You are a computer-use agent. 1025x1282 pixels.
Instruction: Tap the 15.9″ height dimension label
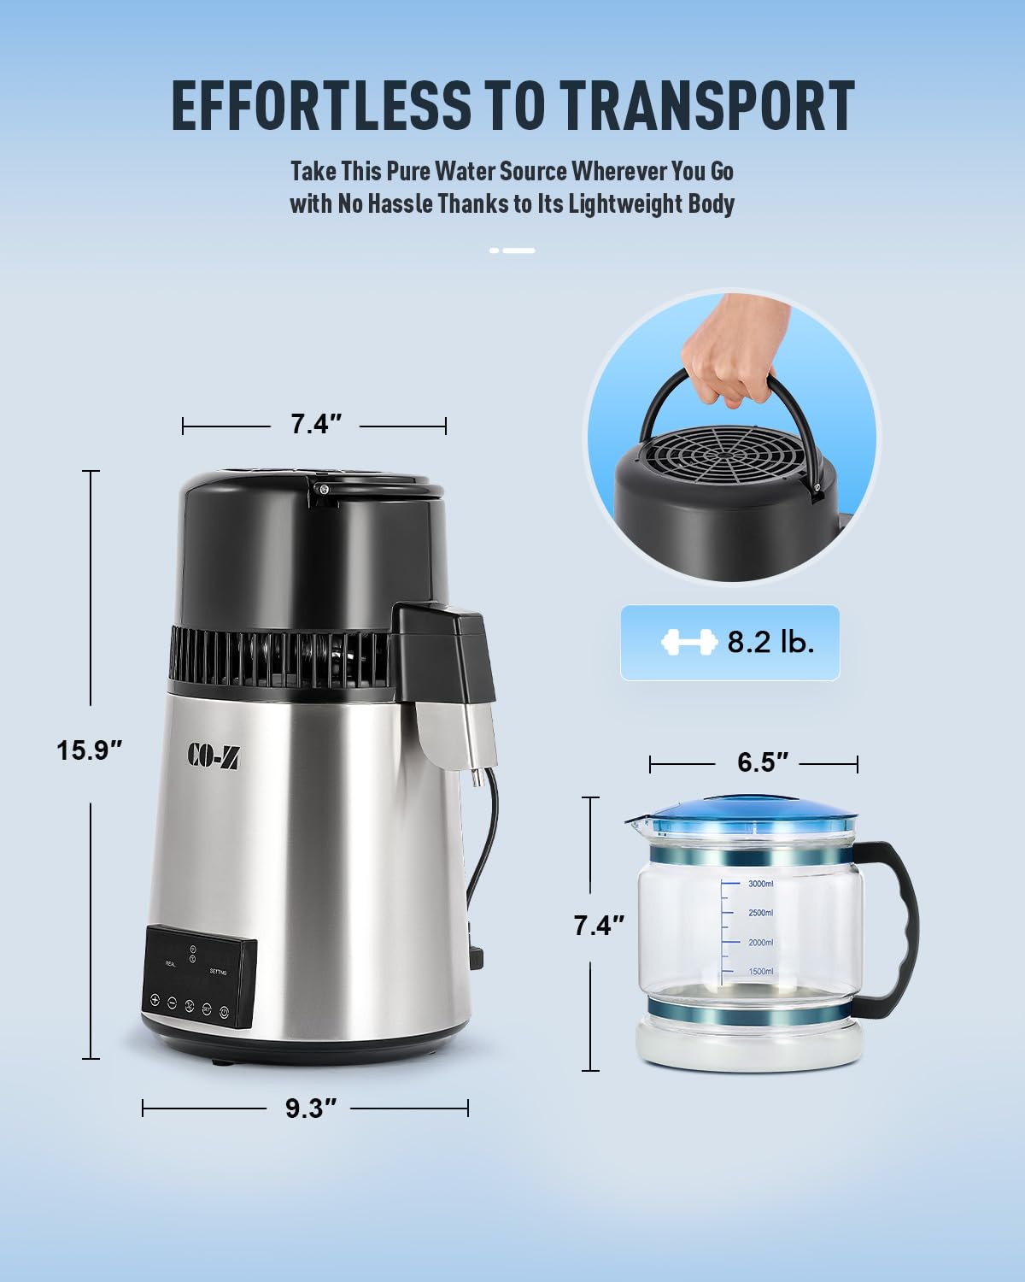90,750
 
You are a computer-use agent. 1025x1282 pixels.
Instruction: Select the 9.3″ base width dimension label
306,1109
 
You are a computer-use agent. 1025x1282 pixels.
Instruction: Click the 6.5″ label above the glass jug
756,762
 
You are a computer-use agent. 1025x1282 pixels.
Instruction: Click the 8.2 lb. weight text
770,643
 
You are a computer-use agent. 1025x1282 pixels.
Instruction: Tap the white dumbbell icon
688,643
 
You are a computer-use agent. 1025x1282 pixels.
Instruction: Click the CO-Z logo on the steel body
213,753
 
